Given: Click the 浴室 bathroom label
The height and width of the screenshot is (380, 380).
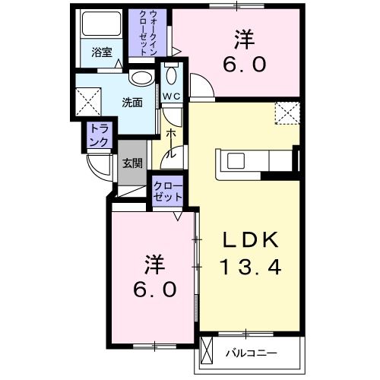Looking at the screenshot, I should pyautogui.click(x=101, y=53).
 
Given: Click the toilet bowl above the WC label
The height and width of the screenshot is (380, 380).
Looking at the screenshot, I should pyautogui.click(x=171, y=76).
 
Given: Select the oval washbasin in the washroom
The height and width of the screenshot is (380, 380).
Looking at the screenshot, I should pyautogui.click(x=139, y=78).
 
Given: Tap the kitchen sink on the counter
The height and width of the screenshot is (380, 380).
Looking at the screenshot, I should pyautogui.click(x=234, y=160).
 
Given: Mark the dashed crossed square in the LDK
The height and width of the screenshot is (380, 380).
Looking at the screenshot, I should pyautogui.click(x=287, y=114).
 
